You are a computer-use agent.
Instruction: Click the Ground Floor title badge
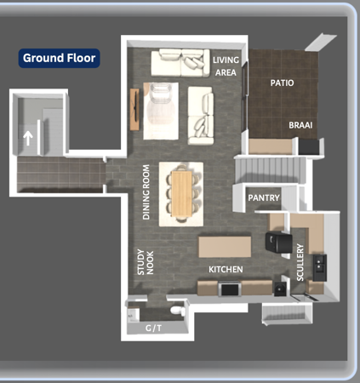(59, 58)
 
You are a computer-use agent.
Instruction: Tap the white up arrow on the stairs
(28, 138)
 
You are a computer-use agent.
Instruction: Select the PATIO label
(282, 83)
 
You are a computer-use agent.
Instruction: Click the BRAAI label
(300, 125)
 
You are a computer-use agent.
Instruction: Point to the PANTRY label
(264, 197)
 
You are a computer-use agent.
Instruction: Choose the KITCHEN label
(226, 269)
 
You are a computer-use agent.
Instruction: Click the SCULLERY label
(300, 262)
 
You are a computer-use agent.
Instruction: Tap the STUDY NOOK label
(146, 262)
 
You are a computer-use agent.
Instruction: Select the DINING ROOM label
(146, 192)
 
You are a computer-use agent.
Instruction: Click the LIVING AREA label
(226, 66)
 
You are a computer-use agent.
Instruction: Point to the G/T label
(153, 329)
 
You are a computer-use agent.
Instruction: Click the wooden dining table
(182, 193)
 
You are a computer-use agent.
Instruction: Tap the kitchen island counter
(225, 247)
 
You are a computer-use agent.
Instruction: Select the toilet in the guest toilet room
(178, 310)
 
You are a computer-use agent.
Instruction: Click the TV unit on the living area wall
(134, 109)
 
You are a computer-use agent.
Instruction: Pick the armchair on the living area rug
(160, 93)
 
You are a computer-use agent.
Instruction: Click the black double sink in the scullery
(320, 268)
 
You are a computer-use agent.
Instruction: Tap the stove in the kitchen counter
(230, 289)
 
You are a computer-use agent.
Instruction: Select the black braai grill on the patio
(309, 146)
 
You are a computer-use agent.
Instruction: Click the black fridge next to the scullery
(278, 243)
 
